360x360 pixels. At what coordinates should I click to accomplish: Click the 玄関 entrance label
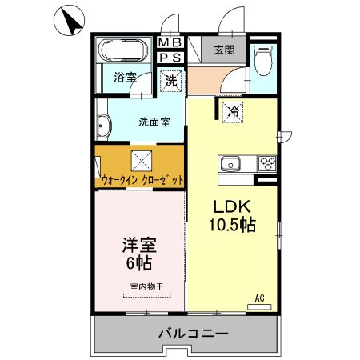tap(224, 50)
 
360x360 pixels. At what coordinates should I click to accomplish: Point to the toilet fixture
tap(263, 60)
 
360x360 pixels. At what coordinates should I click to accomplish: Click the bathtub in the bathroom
tap(122, 52)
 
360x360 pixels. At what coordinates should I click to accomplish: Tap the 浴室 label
tap(125, 78)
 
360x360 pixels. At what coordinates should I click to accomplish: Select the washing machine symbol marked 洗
tap(170, 80)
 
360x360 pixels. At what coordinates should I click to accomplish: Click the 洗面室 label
tap(154, 122)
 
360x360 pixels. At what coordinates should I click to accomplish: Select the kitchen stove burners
tap(266, 165)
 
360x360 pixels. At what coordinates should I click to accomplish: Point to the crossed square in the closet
tap(142, 158)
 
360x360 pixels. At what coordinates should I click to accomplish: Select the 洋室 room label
tap(138, 242)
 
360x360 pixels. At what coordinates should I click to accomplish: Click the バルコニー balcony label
tap(193, 332)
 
